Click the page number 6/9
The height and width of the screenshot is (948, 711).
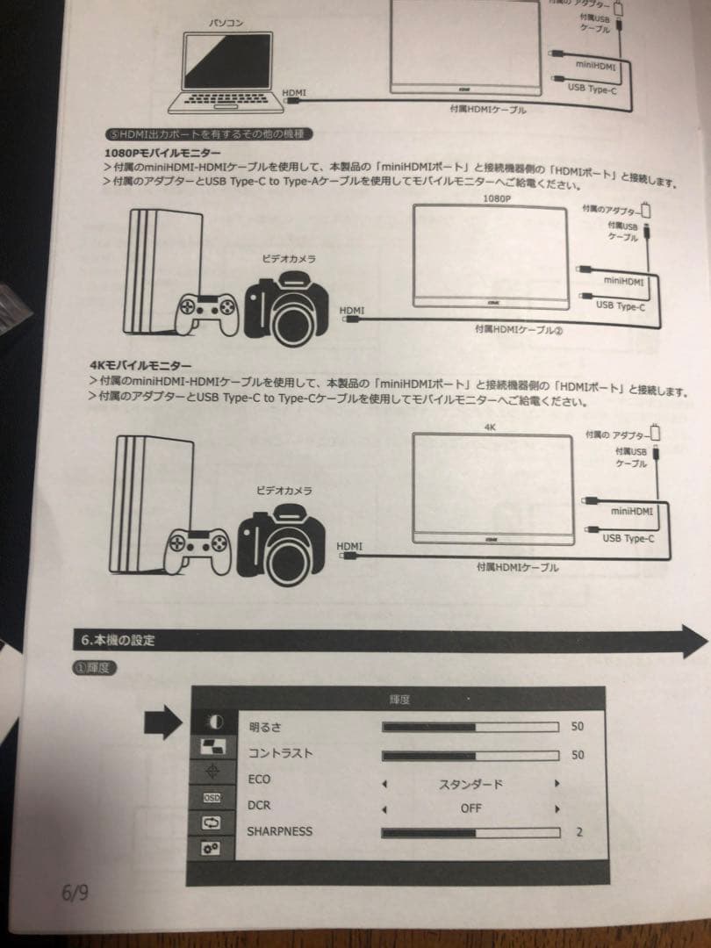(75, 893)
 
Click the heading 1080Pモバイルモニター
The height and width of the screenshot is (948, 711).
(162, 154)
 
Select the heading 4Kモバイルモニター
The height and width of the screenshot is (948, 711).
(140, 365)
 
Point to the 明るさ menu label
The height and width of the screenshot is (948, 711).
(265, 728)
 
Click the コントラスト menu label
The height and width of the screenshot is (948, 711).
(280, 753)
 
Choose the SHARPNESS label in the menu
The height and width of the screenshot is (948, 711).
(279, 830)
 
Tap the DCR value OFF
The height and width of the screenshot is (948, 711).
(470, 808)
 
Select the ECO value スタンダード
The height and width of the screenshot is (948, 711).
(470, 783)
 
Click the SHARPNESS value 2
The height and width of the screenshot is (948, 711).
(578, 831)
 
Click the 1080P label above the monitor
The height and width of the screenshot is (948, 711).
(496, 199)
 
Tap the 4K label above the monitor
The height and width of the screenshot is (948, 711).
(490, 427)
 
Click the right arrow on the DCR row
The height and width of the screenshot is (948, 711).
(556, 808)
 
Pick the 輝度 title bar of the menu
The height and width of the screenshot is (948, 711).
(399, 700)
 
